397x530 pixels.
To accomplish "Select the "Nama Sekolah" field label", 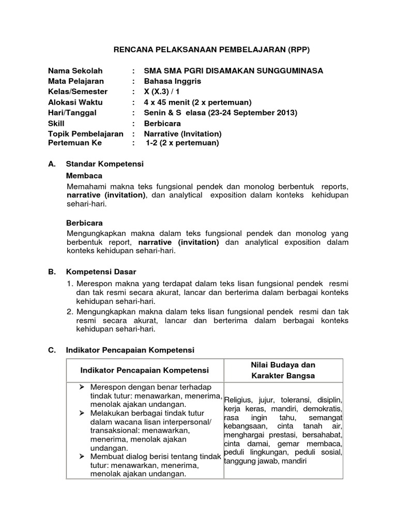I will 75,71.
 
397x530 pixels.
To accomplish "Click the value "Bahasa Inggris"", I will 172,81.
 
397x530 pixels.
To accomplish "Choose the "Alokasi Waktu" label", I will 75,102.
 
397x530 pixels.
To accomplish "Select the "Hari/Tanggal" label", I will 72,112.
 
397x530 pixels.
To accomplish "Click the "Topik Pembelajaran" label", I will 86,134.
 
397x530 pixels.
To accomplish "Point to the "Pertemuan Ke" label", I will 75,142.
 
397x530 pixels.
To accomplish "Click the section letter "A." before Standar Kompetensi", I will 52,164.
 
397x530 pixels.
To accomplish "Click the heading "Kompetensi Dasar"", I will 101,272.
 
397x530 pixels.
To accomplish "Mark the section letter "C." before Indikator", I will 52,350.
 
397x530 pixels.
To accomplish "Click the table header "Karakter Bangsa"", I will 282,375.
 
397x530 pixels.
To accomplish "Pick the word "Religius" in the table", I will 238,400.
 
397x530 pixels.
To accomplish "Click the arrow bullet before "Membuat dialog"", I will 81,456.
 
